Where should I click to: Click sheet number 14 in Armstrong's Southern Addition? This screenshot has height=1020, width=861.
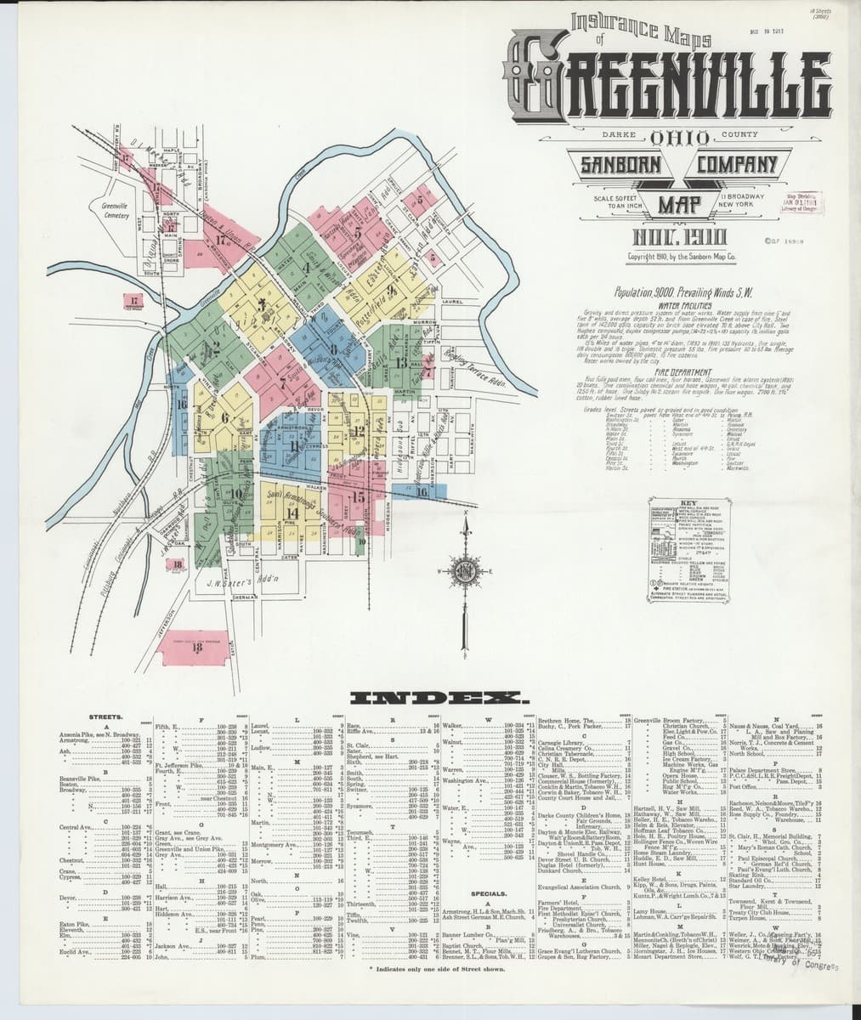[292, 512]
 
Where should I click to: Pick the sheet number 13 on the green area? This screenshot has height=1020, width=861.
[400, 361]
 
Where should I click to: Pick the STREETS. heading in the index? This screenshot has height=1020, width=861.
[105, 717]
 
